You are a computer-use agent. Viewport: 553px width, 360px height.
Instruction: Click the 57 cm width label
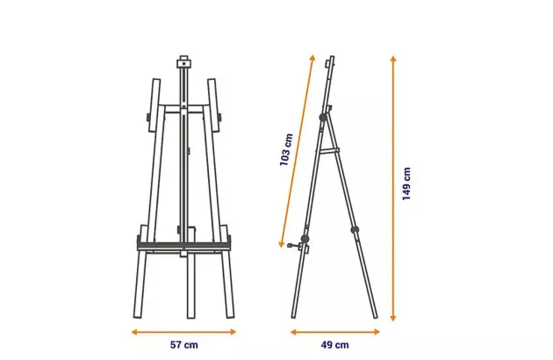coord(184,345)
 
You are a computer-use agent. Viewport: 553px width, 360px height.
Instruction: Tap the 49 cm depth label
coord(334,345)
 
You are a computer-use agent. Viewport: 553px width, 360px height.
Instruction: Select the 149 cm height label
coord(406,184)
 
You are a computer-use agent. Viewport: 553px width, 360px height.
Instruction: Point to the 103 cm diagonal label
coord(286,149)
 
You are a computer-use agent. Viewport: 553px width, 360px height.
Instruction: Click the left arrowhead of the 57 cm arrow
coord(134,332)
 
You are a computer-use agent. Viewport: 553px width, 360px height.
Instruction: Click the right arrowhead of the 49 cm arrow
coord(377,332)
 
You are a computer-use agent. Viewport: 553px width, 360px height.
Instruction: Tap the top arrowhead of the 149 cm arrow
coord(393,59)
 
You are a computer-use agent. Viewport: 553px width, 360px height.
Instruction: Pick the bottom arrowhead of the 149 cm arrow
coord(393,318)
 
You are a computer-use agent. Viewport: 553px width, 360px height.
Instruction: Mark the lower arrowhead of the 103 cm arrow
coord(282,243)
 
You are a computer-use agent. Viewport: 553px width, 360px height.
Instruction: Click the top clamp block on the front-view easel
coord(183,62)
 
